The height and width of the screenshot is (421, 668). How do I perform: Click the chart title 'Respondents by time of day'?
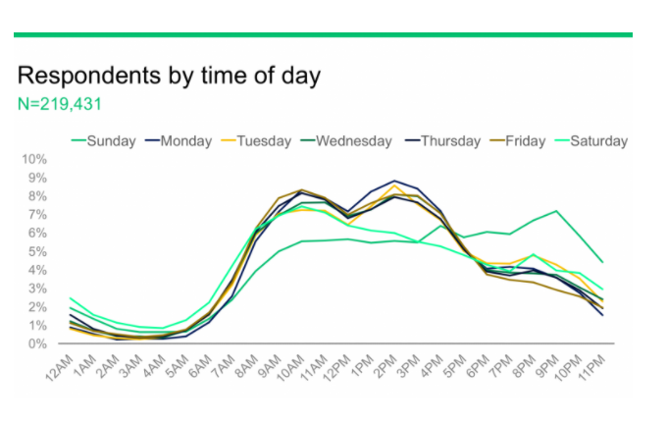pos(169,76)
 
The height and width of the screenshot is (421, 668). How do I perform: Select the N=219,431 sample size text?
pos(60,103)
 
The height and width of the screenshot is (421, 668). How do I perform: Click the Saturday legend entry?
pos(597,141)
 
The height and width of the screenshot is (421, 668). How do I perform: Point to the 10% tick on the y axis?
pos(34,159)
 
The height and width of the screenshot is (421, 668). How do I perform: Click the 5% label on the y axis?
pos(37,252)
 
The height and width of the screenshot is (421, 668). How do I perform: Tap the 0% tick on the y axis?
pos(37,344)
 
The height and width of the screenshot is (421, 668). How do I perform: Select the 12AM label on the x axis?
pos(61,365)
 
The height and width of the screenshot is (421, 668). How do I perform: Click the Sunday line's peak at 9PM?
pos(557,211)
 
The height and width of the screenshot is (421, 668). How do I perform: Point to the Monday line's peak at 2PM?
pos(394,182)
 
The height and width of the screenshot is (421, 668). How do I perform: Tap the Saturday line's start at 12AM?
pos(71,297)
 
